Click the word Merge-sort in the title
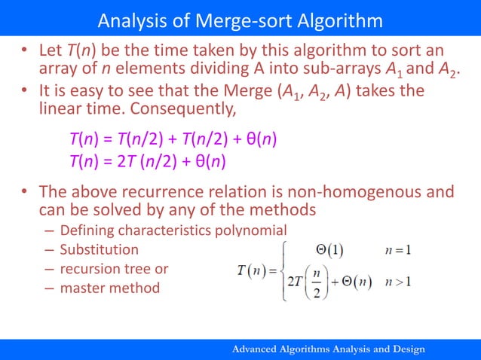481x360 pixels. (x=239, y=18)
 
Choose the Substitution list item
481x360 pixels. (x=99, y=249)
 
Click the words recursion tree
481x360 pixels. (x=106, y=269)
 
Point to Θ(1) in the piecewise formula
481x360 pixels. (x=332, y=249)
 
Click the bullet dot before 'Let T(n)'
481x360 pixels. (x=24, y=52)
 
